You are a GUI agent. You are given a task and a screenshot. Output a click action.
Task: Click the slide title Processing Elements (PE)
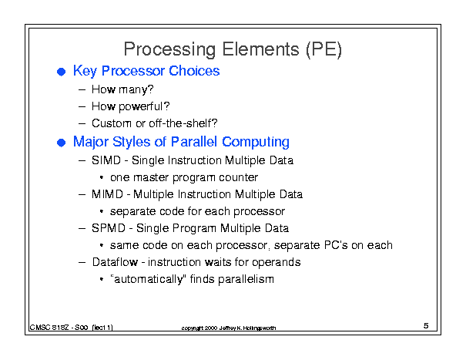click(x=233, y=49)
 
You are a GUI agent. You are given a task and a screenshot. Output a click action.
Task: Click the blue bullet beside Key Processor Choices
click(x=61, y=72)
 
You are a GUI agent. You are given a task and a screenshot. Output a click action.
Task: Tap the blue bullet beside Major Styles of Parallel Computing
click(x=61, y=143)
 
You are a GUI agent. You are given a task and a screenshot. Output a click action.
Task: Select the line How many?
click(x=122, y=89)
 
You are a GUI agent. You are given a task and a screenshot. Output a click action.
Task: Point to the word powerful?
click(x=144, y=107)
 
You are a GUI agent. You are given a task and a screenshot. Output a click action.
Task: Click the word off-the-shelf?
click(x=183, y=123)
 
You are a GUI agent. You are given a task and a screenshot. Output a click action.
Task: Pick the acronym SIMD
click(x=106, y=160)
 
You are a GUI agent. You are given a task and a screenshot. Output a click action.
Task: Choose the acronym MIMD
click(x=107, y=194)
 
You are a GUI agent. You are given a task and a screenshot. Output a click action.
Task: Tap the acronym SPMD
click(x=109, y=228)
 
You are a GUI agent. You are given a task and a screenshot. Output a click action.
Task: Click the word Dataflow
click(x=115, y=262)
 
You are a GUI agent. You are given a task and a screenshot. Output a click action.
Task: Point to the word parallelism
click(x=246, y=279)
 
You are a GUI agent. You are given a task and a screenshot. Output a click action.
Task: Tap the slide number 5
click(x=426, y=325)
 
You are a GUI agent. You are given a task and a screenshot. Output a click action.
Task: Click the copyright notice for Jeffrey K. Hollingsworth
click(x=229, y=328)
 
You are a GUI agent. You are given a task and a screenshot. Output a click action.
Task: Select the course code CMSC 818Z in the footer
click(x=49, y=328)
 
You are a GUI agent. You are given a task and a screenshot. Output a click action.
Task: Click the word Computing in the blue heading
click(x=256, y=142)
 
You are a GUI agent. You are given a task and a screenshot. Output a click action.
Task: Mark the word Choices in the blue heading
click(x=194, y=71)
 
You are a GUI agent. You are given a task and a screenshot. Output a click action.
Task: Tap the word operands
click(x=276, y=262)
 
